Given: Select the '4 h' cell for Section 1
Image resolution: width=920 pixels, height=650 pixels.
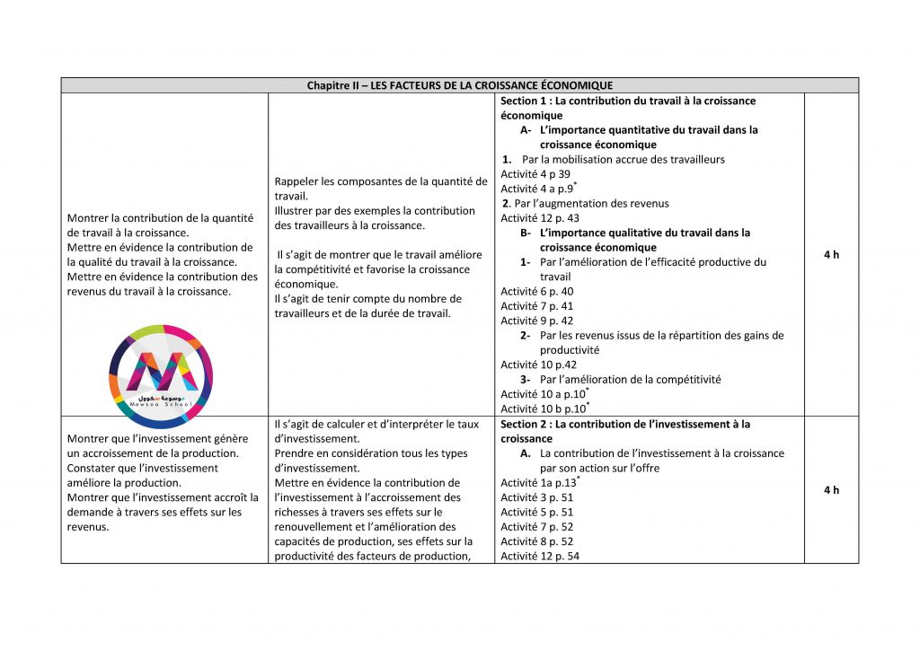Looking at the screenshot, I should click(x=831, y=255).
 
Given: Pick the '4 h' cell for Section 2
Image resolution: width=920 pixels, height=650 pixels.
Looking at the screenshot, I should click(x=831, y=489).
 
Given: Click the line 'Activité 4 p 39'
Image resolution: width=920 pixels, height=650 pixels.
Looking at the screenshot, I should click(x=535, y=174).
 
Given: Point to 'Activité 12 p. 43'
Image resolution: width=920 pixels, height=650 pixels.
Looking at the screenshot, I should click(x=540, y=218).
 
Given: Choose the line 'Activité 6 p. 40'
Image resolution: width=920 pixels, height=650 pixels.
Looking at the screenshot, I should click(x=536, y=292).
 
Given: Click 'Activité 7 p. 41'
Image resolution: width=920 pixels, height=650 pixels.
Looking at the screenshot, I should click(x=536, y=306).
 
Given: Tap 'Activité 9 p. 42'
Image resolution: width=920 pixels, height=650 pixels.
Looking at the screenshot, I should click(x=536, y=321).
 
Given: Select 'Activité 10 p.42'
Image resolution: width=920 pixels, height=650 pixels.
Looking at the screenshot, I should click(x=537, y=365).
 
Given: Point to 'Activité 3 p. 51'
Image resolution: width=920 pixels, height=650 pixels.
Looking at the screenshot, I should click(x=536, y=497).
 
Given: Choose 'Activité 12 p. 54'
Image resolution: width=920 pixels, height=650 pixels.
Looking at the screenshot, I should click(x=540, y=557).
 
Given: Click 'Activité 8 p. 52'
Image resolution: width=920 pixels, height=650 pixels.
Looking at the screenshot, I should click(x=536, y=541).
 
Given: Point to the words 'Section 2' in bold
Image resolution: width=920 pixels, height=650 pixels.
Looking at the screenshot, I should click(x=524, y=424).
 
